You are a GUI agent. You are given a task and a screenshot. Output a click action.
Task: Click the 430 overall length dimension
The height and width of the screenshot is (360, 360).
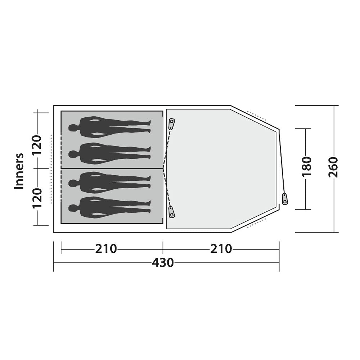pos(163,262)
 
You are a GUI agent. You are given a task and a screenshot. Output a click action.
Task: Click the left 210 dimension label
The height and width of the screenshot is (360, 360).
pos(106,249)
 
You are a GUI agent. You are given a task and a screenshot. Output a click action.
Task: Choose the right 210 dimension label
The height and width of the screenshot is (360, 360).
pos(221,249)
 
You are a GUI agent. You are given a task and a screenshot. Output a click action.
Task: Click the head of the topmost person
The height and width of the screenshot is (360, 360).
pos(73,128)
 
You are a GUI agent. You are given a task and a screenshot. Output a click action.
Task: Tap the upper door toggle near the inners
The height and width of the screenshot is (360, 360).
pos(172,124)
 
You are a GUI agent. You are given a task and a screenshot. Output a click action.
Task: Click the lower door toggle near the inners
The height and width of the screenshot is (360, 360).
pos(171,212)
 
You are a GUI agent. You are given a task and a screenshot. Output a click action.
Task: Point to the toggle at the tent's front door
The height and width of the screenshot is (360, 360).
pos(285,199)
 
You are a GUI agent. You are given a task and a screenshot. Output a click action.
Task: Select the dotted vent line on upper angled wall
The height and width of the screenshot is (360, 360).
pos(258,117)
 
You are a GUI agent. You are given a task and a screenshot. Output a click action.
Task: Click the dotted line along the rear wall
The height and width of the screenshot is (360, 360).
pos(51,169)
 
